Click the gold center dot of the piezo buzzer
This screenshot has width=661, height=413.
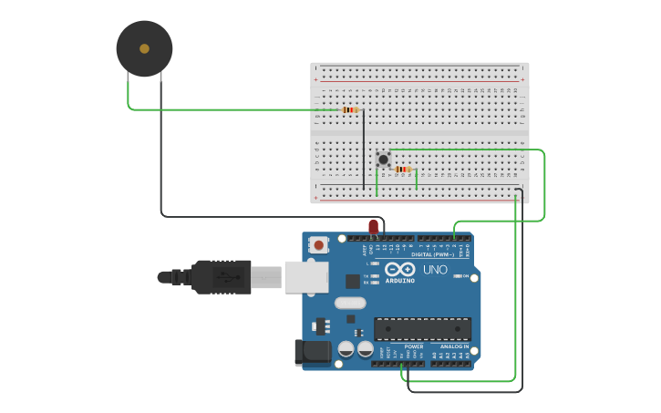click(144, 48)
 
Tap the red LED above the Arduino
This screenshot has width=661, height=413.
click(373, 226)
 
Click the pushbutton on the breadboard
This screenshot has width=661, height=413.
click(383, 160)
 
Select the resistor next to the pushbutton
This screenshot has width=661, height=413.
click(402, 170)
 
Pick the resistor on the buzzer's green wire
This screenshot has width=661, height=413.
click(349, 110)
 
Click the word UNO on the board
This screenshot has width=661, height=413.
click(435, 270)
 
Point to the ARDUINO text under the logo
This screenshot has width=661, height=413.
click(400, 280)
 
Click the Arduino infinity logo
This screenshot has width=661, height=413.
click(400, 269)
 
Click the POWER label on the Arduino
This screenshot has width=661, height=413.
click(413, 346)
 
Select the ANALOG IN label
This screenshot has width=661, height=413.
click(454, 346)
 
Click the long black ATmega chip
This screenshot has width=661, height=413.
click(422, 329)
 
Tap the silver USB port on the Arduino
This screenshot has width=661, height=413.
click(305, 277)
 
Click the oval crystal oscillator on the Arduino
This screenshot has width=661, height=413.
click(350, 303)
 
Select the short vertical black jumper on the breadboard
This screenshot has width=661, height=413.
click(364, 150)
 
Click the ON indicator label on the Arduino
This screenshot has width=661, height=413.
click(464, 276)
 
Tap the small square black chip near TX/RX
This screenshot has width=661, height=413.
click(353, 281)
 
